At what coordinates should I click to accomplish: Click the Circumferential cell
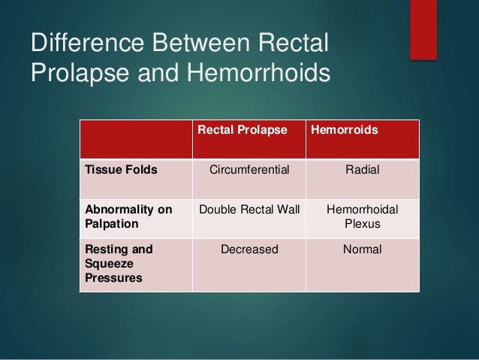tap(248, 170)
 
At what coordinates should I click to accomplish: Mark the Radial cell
tap(362, 170)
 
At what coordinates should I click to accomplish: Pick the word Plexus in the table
tap(362, 225)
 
